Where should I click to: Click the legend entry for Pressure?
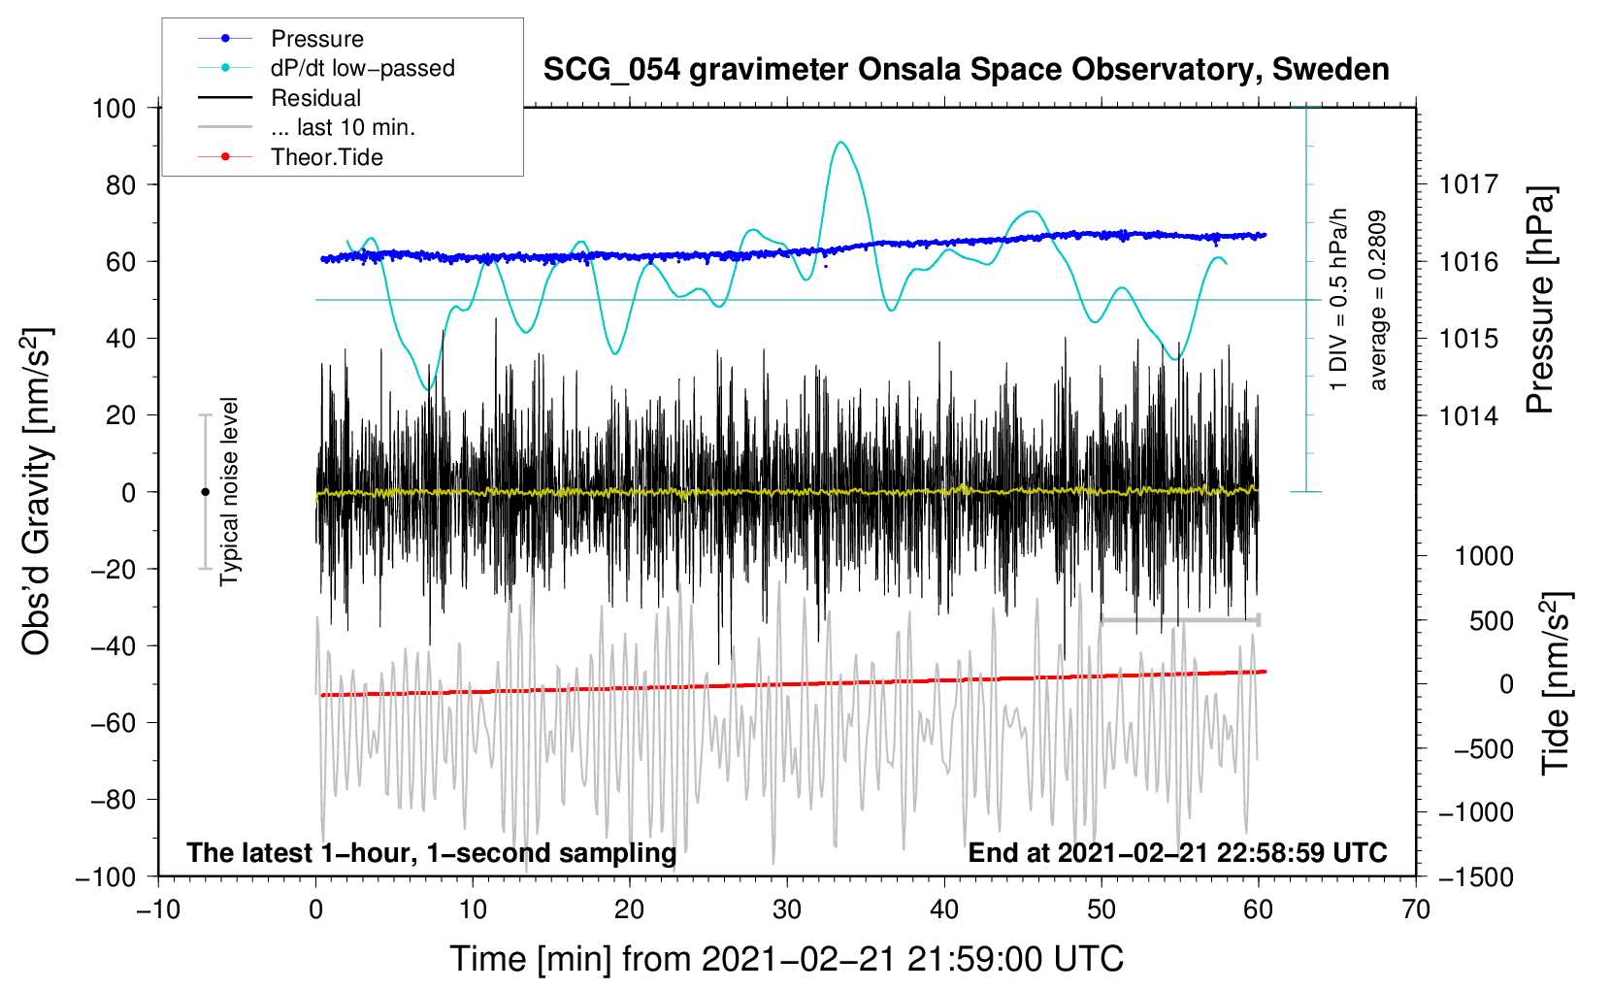coord(281,38)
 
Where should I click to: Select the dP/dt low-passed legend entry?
coord(326,68)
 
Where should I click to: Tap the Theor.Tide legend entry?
coord(290,157)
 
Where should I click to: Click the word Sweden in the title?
coord(1331,70)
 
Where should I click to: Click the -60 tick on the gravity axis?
coord(114,723)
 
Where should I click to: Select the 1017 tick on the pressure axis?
coord(1468,185)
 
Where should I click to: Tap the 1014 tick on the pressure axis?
coord(1468,415)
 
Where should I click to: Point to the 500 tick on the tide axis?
coord(1492,621)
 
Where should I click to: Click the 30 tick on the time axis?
coord(787,910)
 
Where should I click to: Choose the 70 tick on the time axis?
coord(1416,910)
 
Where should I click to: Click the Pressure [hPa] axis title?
coord(1541,300)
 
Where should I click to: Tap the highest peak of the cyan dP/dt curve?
coord(840,142)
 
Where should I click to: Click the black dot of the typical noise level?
coord(206,492)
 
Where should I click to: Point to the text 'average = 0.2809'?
coord(1377,300)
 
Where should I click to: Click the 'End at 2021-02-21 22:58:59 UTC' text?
coord(1177,852)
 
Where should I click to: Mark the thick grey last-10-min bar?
coord(1180,619)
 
